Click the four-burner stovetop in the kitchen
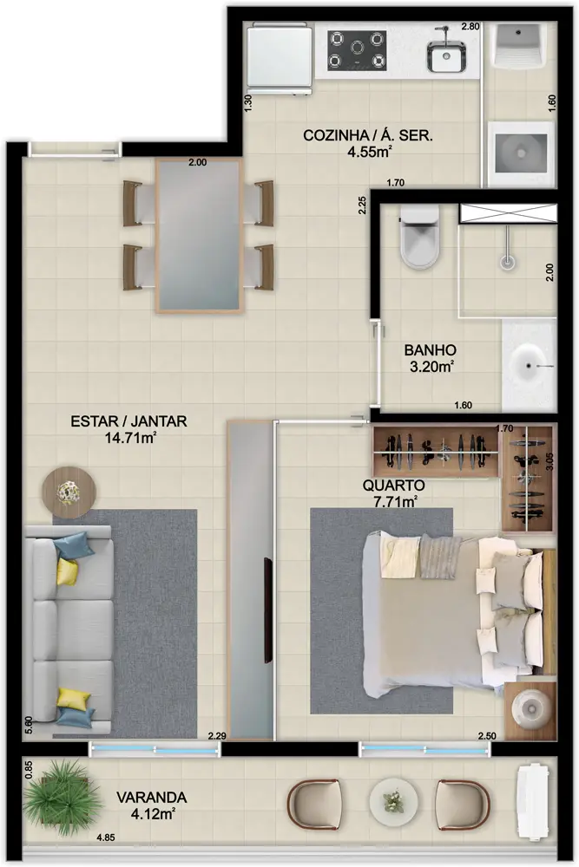click(x=356, y=50)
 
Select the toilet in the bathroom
click(x=419, y=244)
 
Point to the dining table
click(x=199, y=236)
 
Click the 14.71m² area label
click(x=129, y=438)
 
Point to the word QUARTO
click(x=394, y=486)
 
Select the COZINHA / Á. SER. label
click(x=367, y=136)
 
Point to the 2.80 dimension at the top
click(x=470, y=27)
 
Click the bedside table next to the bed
click(x=530, y=710)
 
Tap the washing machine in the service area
click(x=520, y=153)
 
